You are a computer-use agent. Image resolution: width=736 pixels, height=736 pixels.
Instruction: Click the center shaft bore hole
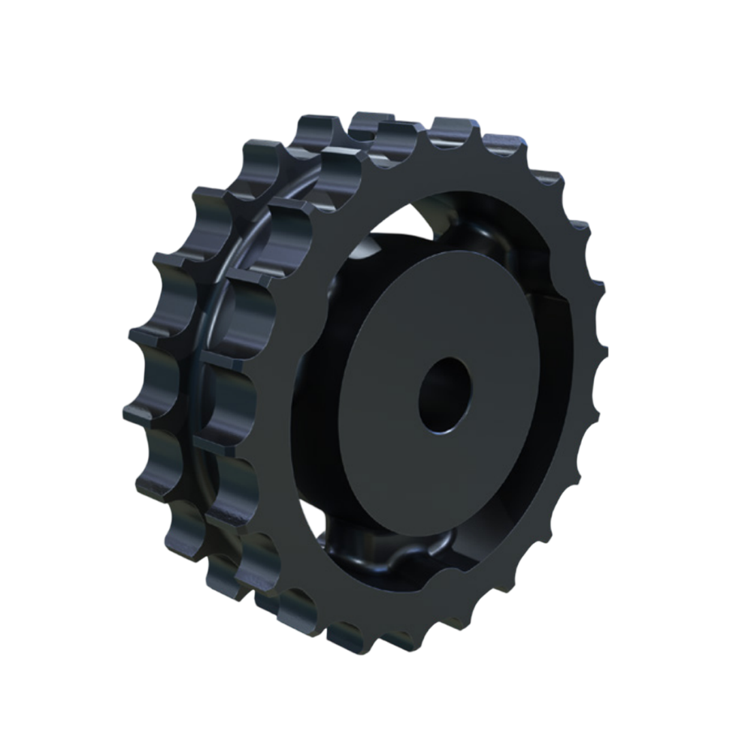pyautogui.click(x=444, y=395)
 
